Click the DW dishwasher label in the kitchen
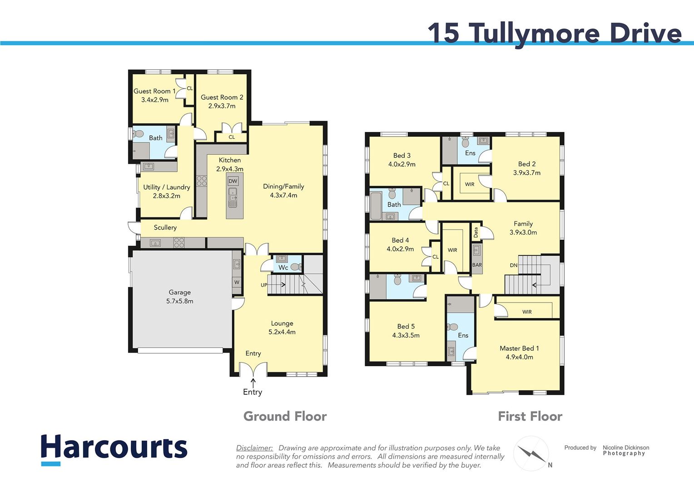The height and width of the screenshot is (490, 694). [x=233, y=181]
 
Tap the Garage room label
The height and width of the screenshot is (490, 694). [x=179, y=292]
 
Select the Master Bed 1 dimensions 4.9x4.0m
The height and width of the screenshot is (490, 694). [x=519, y=357]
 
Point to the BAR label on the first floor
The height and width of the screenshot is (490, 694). [x=477, y=265]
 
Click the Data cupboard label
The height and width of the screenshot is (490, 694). [x=476, y=233]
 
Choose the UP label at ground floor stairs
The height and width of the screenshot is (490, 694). [x=264, y=285]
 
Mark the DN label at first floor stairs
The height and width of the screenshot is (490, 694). [x=513, y=265]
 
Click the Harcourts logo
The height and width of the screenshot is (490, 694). [x=114, y=448]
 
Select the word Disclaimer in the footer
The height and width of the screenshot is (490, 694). [x=254, y=448]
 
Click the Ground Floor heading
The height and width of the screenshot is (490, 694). [x=285, y=416]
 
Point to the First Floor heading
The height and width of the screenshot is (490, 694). [x=530, y=416]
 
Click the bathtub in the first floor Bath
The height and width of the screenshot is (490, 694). [x=376, y=206]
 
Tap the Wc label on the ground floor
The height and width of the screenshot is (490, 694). [x=283, y=268]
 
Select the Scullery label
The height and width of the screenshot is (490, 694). [x=165, y=227]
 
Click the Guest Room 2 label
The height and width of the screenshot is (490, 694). [x=222, y=97]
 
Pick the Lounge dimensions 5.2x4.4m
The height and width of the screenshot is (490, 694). [x=282, y=332]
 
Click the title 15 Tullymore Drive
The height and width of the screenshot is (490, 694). [x=554, y=33]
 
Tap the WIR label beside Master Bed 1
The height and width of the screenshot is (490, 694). [x=526, y=312]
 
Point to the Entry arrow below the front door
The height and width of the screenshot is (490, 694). [x=253, y=383]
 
